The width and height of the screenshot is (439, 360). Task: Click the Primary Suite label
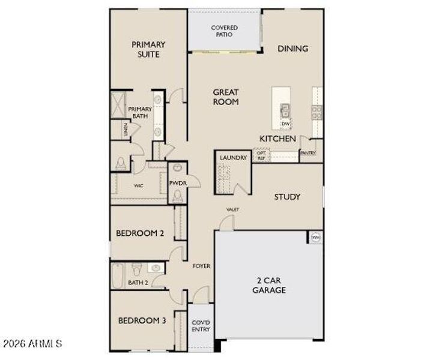click(148, 49)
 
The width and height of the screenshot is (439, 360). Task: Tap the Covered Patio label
click(224, 31)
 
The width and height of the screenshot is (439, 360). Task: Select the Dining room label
click(292, 49)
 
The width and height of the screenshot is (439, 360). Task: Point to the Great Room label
click(226, 97)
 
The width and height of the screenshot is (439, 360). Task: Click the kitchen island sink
click(285, 110)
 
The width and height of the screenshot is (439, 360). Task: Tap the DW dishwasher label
click(285, 124)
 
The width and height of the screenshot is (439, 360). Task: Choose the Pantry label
click(308, 154)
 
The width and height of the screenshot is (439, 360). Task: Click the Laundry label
click(233, 158)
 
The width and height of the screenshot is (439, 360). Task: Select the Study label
click(287, 197)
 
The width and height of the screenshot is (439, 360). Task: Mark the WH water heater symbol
click(315, 238)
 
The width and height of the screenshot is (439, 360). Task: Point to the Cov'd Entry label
click(200, 325)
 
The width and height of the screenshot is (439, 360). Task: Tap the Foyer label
click(201, 266)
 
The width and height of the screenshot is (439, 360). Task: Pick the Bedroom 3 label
click(142, 320)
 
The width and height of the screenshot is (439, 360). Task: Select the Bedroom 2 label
click(140, 233)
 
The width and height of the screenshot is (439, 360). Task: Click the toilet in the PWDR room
click(177, 196)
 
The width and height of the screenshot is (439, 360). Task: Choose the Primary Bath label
click(139, 112)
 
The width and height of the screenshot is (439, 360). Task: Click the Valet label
click(232, 209)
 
